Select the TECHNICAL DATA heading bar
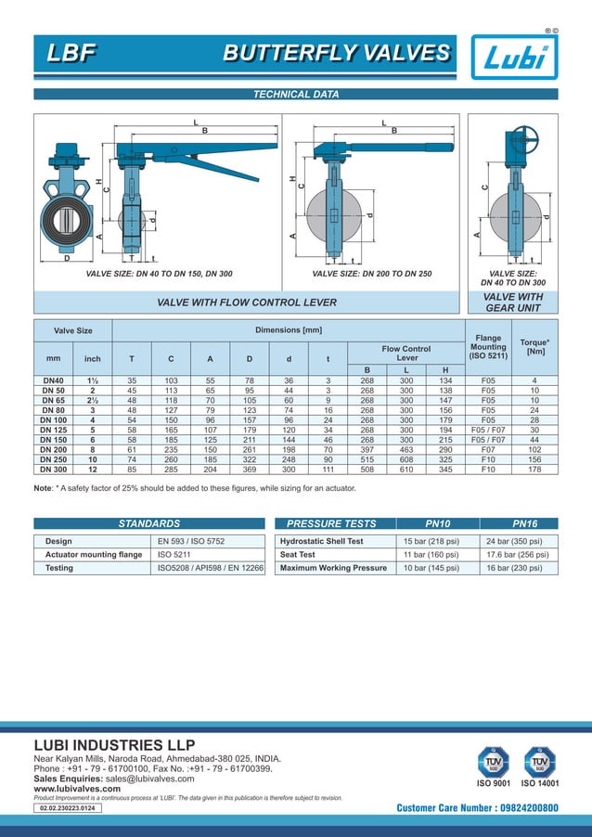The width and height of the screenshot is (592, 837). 296,95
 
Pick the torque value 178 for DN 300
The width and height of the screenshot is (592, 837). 534,469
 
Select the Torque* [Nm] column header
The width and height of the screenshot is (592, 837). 534,347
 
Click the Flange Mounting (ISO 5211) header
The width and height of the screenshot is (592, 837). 488,347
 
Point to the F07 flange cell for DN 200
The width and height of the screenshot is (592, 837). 488,449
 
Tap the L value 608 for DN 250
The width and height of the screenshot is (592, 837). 405,459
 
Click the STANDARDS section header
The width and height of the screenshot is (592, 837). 148,523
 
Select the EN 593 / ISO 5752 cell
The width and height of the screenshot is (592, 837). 190,541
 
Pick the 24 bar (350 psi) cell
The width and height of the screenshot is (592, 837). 518,541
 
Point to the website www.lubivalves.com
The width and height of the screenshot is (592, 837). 71,789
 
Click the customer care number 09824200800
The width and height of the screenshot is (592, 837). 477,808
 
